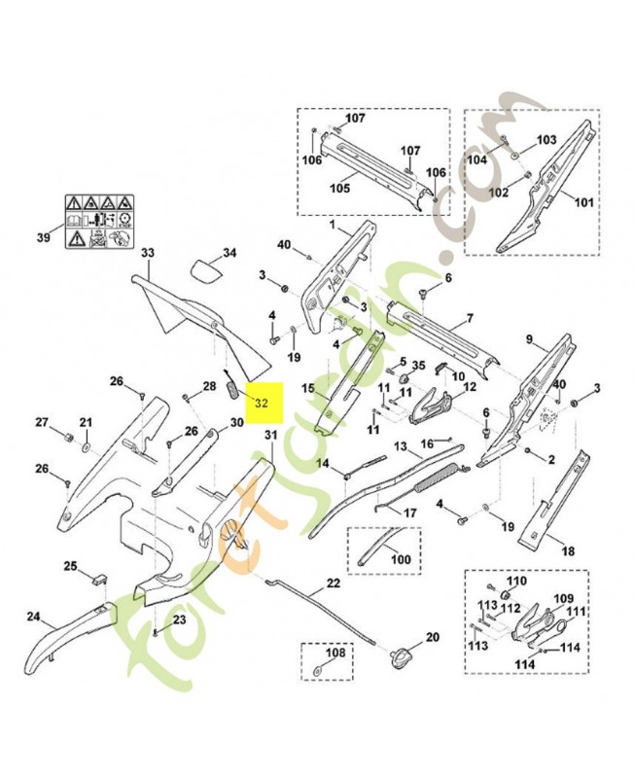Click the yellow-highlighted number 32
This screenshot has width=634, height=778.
click(x=263, y=402)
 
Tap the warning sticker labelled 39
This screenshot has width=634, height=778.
click(x=100, y=223)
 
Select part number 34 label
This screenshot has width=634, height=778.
click(x=229, y=254)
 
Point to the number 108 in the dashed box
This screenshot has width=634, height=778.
click(x=335, y=653)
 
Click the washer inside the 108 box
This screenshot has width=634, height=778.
click(x=319, y=670)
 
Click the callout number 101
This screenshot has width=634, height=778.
click(x=582, y=204)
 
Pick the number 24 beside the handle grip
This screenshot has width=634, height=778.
click(x=32, y=617)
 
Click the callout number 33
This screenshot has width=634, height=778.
click(x=148, y=253)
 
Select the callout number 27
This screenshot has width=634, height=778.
click(x=42, y=422)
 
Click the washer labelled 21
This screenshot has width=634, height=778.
click(x=86, y=447)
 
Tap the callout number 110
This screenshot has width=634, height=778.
click(x=515, y=582)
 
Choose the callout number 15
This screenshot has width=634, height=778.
click(x=307, y=389)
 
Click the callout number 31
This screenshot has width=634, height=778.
click(x=270, y=434)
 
